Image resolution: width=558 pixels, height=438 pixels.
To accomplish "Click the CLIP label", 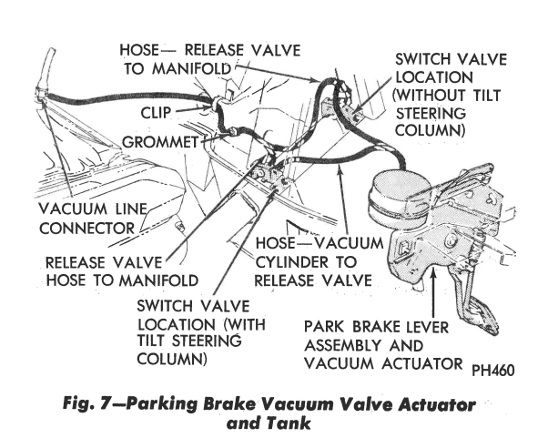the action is (x=156, y=113).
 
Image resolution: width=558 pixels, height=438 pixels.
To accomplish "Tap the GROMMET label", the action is (x=160, y=142).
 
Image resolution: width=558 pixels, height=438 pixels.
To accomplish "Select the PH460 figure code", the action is (x=493, y=371).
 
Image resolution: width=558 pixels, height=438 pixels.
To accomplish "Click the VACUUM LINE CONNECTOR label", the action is (x=93, y=219).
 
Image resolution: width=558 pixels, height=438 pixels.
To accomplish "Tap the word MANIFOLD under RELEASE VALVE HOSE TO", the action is (x=158, y=280).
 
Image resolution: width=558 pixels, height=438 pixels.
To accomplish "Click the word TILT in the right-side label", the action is (x=487, y=96).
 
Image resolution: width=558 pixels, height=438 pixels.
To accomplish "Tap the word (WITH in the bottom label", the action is (x=245, y=324).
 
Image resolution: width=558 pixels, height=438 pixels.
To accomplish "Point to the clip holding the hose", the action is (x=216, y=102).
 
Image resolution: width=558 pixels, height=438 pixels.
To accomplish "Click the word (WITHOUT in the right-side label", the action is (x=429, y=96).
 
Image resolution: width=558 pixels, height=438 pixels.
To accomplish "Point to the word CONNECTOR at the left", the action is (x=86, y=229).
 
